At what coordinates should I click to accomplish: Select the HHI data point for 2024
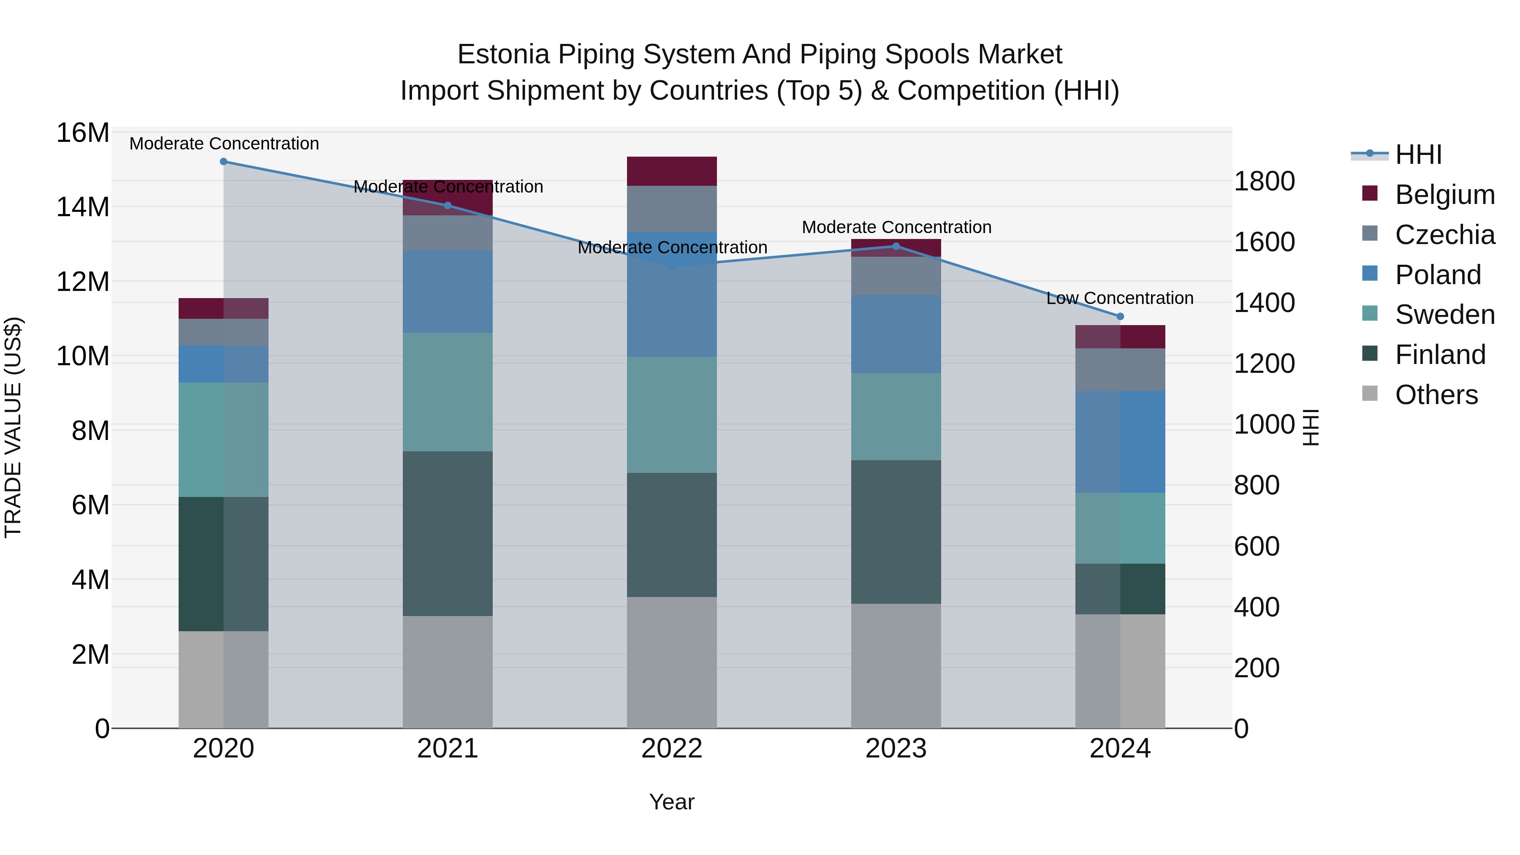pos(1120,317)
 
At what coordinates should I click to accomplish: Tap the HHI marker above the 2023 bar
pos(896,246)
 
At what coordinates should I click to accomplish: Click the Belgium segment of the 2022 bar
pos(671,171)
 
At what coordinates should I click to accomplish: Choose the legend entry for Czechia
pos(1444,235)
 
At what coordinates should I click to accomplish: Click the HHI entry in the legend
pos(1418,155)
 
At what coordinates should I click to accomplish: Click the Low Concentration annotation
pos(1119,299)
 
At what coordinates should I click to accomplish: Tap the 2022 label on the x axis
pos(671,749)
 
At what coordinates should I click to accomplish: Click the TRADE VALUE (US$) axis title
pos(14,427)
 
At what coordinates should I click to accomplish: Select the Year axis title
pos(671,802)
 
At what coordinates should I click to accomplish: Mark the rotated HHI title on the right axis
pos(1310,427)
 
